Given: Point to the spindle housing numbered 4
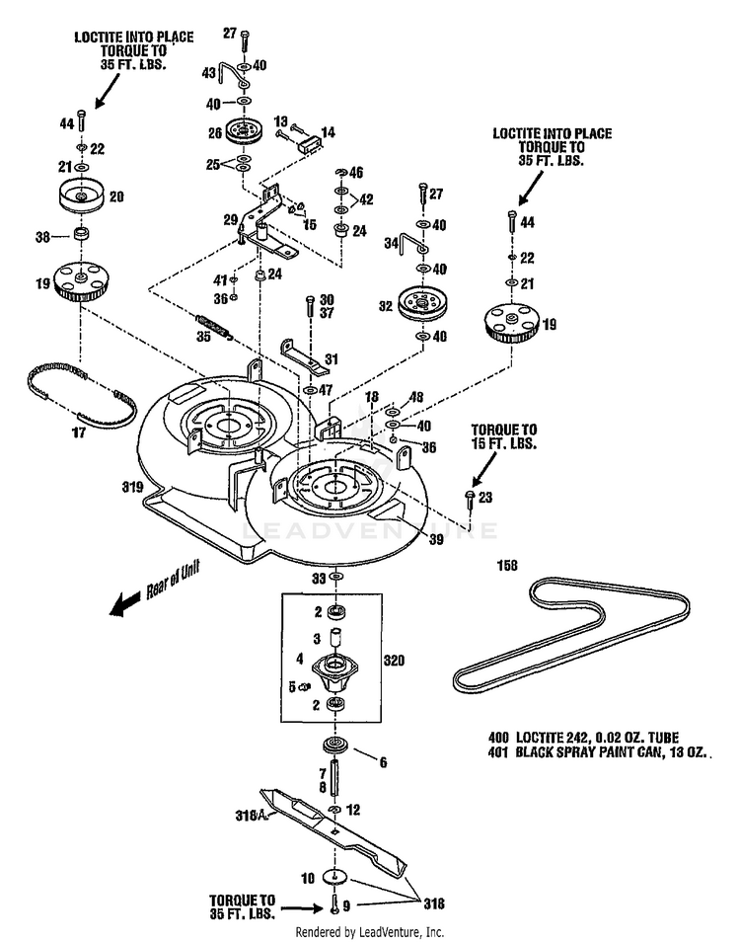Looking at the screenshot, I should [335, 671].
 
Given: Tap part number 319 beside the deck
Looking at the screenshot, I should [133, 487].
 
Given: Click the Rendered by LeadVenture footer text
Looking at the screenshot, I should [370, 932].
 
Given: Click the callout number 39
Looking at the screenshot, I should [435, 538].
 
